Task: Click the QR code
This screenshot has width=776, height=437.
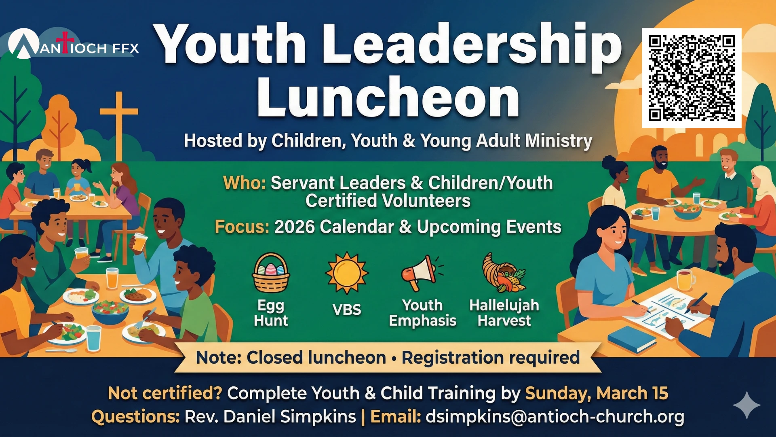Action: (692, 78)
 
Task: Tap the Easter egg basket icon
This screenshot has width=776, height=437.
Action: (271, 273)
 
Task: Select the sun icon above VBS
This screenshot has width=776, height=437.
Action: (347, 273)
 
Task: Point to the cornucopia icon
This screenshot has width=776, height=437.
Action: (504, 273)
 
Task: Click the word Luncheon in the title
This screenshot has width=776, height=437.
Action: (388, 98)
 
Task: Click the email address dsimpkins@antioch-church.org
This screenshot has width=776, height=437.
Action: (555, 416)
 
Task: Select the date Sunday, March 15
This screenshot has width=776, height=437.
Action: (597, 393)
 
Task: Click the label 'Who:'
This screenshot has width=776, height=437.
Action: (245, 183)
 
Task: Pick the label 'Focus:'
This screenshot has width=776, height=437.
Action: (242, 227)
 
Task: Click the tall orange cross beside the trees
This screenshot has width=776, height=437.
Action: (119, 126)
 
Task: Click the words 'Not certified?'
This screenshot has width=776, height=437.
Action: (165, 393)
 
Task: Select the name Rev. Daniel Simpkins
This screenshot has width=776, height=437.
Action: (270, 416)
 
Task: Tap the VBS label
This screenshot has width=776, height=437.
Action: (347, 310)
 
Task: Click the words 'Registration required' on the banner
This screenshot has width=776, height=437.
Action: (491, 358)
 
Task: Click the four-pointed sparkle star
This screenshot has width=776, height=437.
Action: (747, 405)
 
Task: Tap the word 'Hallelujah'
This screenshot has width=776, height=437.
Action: (504, 305)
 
